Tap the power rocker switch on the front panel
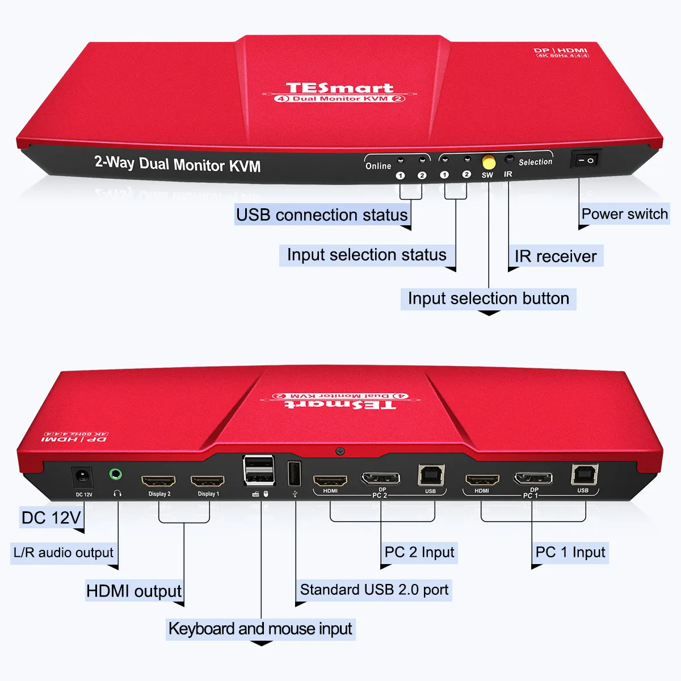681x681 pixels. point(585,160)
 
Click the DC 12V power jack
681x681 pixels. point(83,477)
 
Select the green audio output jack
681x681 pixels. point(116,473)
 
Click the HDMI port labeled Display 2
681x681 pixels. point(158,481)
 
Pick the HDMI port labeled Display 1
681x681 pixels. point(207,481)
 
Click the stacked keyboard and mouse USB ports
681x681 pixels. point(259,470)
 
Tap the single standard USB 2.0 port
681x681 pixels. point(295,474)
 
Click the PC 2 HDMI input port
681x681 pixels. point(330,481)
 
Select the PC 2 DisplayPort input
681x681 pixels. point(381,478)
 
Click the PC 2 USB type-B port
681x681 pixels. point(431,475)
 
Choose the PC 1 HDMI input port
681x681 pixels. point(482,480)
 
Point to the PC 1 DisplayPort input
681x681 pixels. point(533,478)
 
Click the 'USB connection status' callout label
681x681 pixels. point(322,215)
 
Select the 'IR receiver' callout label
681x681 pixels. point(556,257)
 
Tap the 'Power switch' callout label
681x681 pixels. point(624,214)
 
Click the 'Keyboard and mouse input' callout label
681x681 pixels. point(260,629)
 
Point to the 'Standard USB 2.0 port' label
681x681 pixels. point(374,590)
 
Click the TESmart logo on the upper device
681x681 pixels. point(339,89)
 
